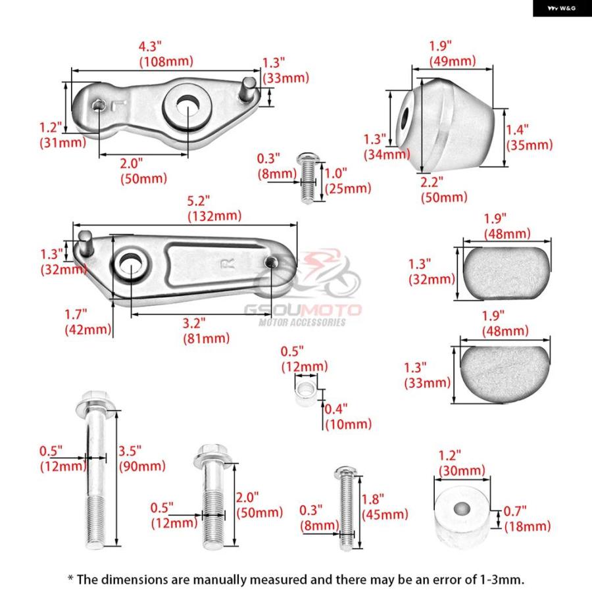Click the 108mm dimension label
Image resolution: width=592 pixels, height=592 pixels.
click(x=166, y=61)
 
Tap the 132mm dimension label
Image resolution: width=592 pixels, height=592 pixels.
click(x=214, y=216)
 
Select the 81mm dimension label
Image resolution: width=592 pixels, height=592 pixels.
click(x=206, y=338)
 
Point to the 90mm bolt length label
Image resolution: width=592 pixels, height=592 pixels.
click(x=142, y=466)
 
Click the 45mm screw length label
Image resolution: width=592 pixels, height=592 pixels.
click(x=385, y=514)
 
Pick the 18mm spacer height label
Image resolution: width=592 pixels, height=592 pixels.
click(x=528, y=526)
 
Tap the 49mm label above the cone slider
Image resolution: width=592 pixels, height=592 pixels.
click(x=453, y=61)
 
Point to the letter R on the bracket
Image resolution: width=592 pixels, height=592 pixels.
click(x=228, y=264)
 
